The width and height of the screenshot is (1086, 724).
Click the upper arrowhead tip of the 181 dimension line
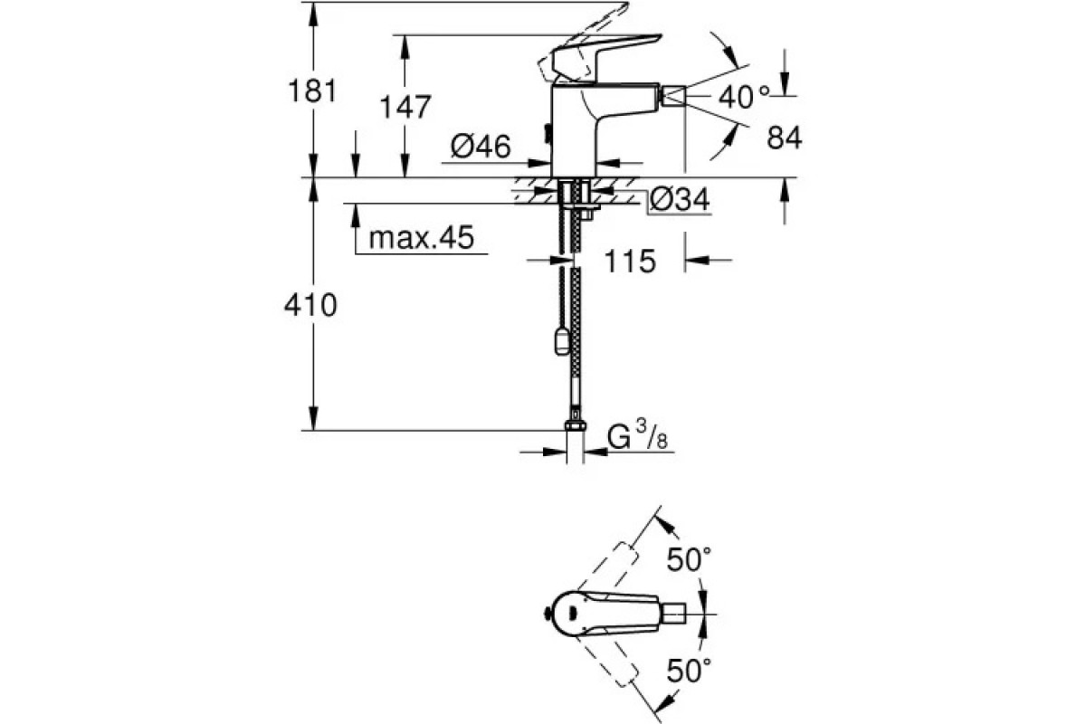point(313,3)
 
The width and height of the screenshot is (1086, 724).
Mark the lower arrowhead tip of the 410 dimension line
point(313,430)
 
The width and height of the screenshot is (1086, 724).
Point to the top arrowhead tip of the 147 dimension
point(405,35)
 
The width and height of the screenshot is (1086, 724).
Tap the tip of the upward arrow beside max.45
point(356,205)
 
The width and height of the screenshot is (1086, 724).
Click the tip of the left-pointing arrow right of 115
point(686,261)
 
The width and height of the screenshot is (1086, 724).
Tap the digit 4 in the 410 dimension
point(294,306)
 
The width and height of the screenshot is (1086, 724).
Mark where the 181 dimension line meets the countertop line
point(313,177)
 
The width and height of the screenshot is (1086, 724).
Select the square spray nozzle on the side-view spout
point(673,95)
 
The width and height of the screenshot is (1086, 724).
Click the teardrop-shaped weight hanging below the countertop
point(561,340)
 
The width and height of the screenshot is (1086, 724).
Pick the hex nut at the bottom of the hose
point(575,425)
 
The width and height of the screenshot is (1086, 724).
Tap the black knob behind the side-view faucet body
point(548,134)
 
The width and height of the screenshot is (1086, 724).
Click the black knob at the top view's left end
point(547,614)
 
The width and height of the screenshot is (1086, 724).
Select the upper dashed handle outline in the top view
point(606,567)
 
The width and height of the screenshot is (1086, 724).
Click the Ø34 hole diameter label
point(680,199)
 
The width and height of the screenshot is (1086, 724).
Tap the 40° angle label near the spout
point(744,97)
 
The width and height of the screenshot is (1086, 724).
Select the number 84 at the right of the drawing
point(784,138)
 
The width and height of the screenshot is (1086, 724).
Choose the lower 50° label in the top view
point(689,671)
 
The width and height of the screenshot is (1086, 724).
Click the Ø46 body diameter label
point(481,147)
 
